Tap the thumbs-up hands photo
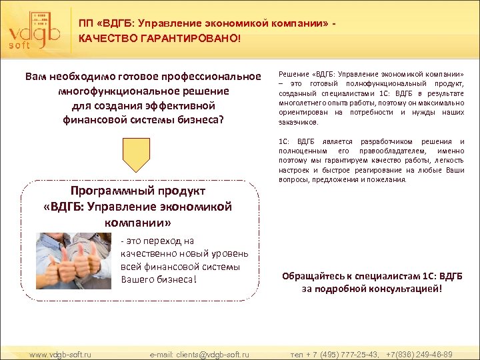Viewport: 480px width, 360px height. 73,261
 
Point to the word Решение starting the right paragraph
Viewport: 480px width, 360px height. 293,73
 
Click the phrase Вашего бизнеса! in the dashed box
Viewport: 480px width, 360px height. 159,278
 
